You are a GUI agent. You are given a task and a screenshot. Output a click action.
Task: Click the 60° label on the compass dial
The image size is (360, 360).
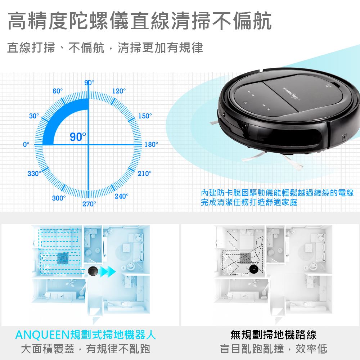click(x=58, y=91)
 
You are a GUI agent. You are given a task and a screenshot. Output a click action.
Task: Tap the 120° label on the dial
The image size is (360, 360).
click(x=119, y=91)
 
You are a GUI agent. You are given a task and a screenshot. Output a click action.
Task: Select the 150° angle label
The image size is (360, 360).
click(x=145, y=116)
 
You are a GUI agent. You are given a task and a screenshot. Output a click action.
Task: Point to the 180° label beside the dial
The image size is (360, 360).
click(x=151, y=144)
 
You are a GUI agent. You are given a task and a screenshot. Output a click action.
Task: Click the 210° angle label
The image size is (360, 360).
click(x=145, y=174)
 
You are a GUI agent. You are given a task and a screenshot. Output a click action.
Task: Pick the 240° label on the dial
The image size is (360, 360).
click(x=121, y=196)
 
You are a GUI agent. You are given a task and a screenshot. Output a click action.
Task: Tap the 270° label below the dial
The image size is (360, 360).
click(x=89, y=204)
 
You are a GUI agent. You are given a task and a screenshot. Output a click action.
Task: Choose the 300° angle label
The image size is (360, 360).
click(x=59, y=198)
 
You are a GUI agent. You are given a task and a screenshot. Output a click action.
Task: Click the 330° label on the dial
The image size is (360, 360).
click(x=35, y=174)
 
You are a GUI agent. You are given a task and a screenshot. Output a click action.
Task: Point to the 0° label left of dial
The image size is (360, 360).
click(x=26, y=144)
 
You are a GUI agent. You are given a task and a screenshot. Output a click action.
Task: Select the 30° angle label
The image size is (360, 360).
click(x=34, y=116)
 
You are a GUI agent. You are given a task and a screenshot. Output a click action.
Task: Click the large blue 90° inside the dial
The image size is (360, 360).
click(x=78, y=137)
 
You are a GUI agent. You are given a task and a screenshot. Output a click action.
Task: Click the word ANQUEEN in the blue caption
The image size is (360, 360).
click(x=42, y=335)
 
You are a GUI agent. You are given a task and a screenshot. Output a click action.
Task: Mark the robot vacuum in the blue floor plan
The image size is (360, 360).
click(x=93, y=271)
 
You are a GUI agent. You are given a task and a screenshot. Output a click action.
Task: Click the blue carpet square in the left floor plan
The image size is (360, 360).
click(x=63, y=258)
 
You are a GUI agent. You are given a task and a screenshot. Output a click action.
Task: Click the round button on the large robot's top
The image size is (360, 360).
click(x=328, y=86)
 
